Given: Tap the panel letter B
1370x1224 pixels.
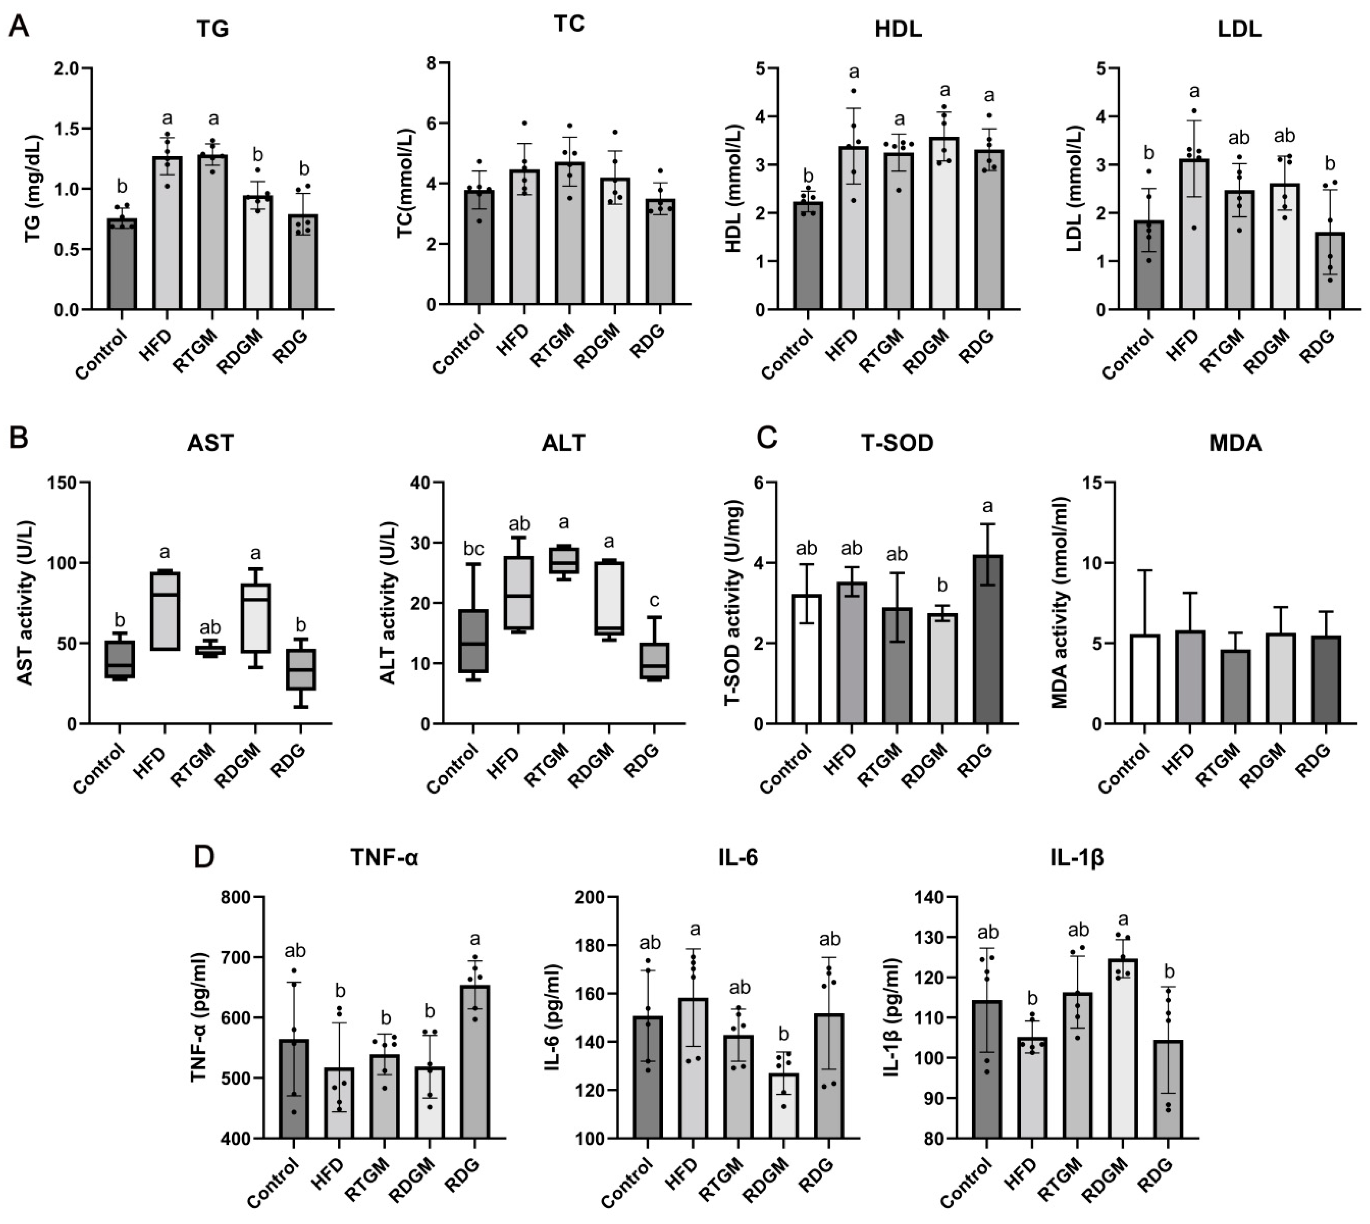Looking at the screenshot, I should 19,439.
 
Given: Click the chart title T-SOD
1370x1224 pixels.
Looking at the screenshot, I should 897,443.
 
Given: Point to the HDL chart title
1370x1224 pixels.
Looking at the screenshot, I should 898,30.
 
